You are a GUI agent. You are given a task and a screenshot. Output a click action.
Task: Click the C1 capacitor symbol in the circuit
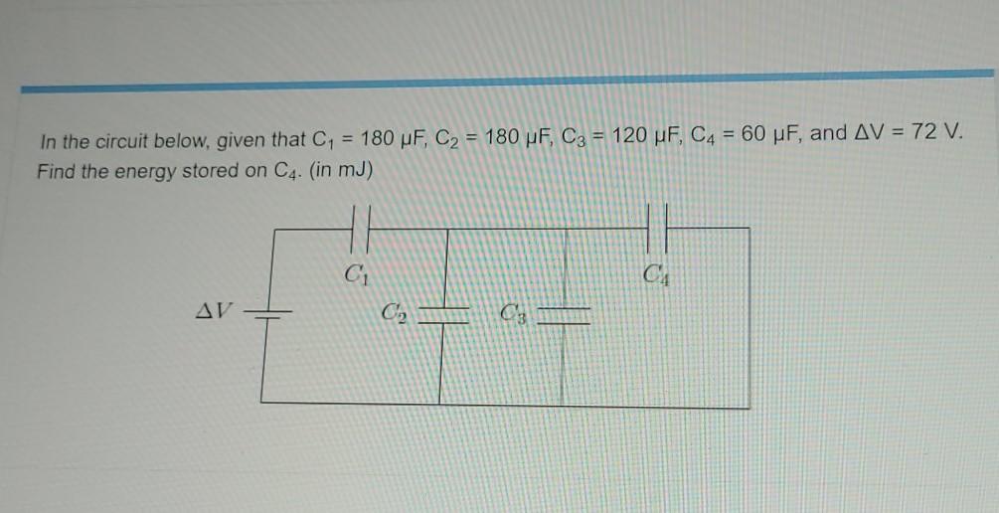pos(361,229)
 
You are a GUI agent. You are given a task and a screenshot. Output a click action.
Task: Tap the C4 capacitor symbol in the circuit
pos(658,228)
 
